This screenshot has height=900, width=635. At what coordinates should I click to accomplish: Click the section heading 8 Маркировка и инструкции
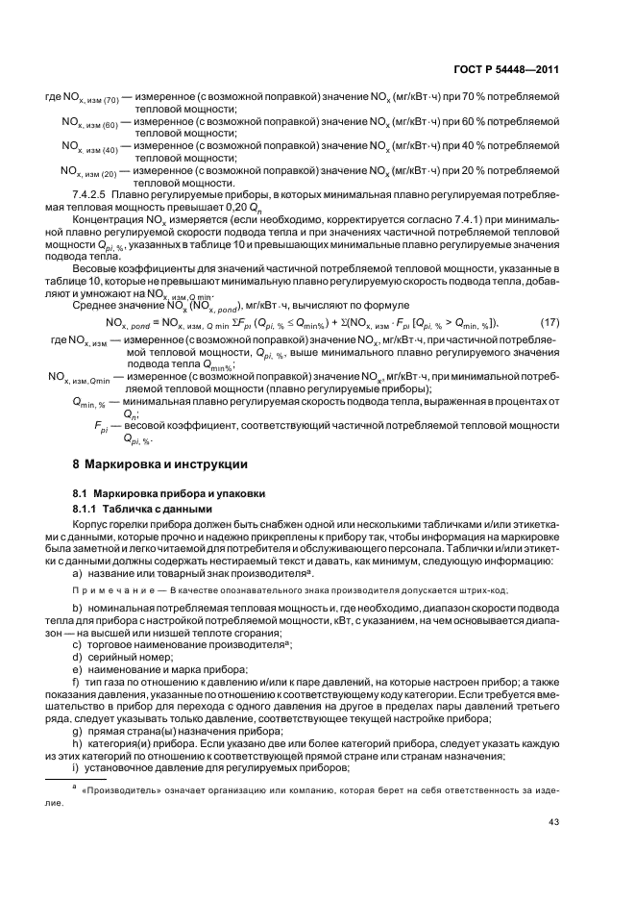159,463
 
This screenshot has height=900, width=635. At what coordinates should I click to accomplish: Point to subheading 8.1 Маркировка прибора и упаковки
157,492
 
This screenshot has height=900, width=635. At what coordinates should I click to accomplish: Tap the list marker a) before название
77,573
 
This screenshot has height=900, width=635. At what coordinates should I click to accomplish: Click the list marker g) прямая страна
77,710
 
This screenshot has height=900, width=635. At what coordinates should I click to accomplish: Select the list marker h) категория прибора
77,722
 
